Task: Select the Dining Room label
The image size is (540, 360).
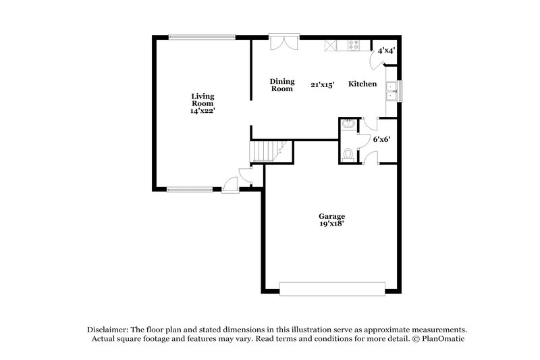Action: pyautogui.click(x=281, y=84)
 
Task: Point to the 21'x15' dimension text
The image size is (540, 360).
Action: pyautogui.click(x=323, y=84)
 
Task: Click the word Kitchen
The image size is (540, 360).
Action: pyautogui.click(x=362, y=84)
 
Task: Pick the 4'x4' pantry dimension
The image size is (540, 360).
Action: pyautogui.click(x=386, y=51)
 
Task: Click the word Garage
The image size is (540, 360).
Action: pyautogui.click(x=332, y=217)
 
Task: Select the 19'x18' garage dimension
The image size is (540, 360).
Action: pyautogui.click(x=332, y=224)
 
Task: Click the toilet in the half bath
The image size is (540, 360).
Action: pyautogui.click(x=348, y=155)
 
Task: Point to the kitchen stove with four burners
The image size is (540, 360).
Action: pyautogui.click(x=352, y=45)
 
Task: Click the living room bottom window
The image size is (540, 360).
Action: pyautogui.click(x=190, y=190)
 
